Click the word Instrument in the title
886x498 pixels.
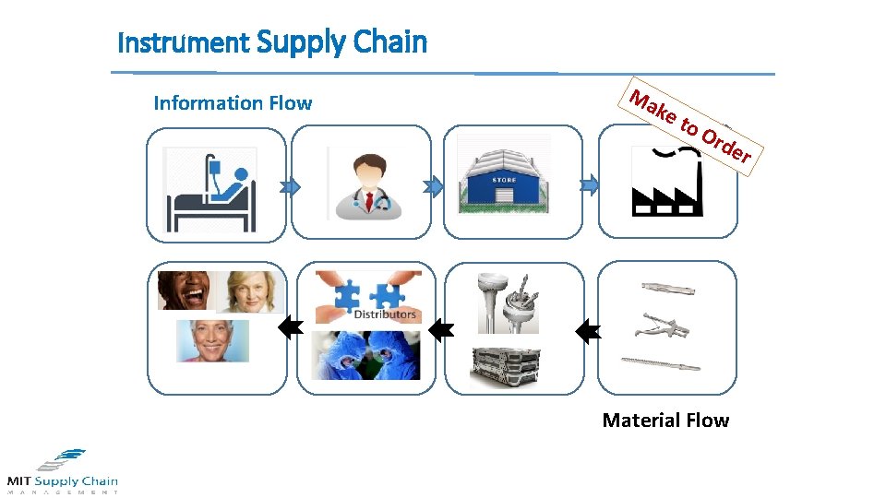click(184, 42)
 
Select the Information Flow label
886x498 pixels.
click(233, 103)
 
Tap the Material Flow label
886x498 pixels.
click(665, 421)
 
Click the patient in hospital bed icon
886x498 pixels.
click(210, 188)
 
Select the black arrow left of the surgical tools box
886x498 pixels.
click(588, 327)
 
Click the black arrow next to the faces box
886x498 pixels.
click(292, 327)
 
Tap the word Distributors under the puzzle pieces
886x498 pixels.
click(385, 314)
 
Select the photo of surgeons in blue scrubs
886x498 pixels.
click(365, 355)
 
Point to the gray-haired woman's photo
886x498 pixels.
click(213, 340)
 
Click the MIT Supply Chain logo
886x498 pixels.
click(63, 470)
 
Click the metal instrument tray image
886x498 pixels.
click(510, 364)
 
